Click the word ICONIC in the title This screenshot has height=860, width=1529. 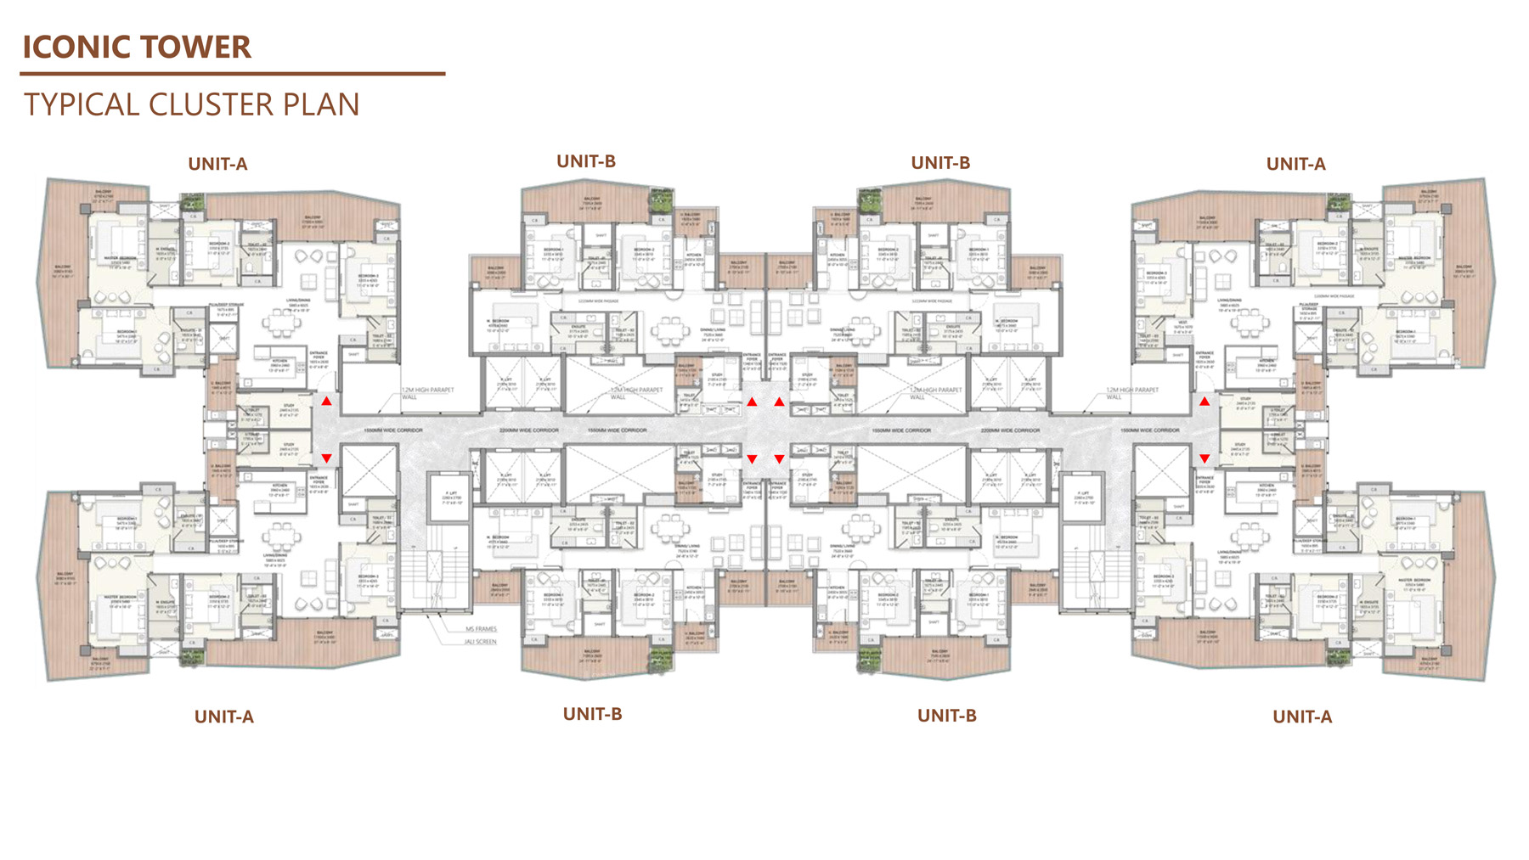click(75, 47)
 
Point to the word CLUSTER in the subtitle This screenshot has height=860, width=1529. click(211, 104)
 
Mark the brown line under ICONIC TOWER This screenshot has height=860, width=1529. click(232, 74)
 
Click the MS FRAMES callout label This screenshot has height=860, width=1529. click(481, 629)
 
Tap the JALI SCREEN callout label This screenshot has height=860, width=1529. click(480, 642)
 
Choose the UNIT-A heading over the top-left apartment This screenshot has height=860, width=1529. click(217, 164)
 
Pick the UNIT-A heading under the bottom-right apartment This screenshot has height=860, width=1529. click(1301, 717)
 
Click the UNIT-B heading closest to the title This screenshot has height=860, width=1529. click(586, 161)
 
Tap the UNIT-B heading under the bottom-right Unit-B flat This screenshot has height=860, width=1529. click(946, 715)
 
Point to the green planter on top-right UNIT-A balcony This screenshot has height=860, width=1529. click(1339, 204)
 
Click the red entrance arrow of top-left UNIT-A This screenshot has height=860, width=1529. click(326, 401)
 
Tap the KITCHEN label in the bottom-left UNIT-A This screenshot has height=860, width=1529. click(280, 486)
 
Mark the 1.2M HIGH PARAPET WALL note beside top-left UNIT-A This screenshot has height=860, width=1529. click(427, 393)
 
